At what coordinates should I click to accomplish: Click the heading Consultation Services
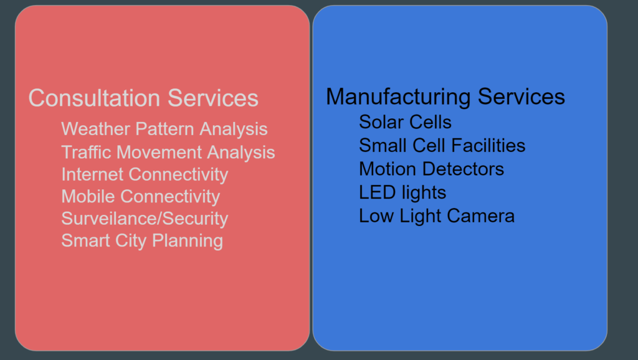143,98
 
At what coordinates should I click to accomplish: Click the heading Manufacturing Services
445,97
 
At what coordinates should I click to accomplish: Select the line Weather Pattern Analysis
164,130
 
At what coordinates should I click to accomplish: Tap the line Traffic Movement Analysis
168,153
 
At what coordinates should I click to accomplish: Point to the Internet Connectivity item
145,175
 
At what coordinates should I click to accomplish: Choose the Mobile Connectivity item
140,197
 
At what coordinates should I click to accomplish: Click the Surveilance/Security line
145,219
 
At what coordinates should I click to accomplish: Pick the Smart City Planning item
142,241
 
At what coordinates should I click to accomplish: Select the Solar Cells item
405,122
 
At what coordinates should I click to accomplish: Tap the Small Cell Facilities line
442,146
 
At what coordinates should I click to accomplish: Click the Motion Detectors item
431,169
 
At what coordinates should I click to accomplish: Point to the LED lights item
402,193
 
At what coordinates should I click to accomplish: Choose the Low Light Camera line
437,216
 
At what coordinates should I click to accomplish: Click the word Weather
95,130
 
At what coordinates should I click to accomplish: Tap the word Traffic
86,153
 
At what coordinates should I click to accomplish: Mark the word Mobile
88,196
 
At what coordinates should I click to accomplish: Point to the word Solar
381,122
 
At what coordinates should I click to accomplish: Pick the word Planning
188,241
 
